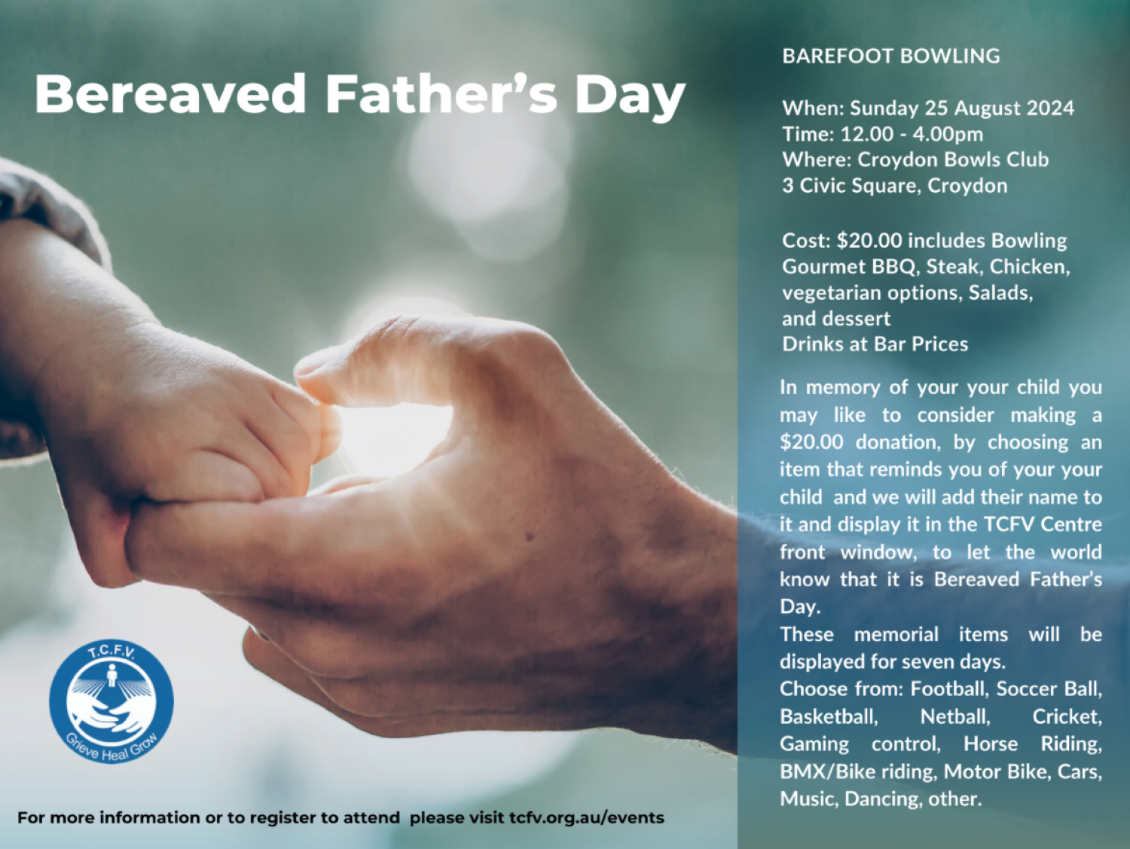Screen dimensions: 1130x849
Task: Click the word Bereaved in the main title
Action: pyautogui.click(x=170, y=94)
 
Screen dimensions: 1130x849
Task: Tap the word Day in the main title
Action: pyautogui.click(x=631, y=98)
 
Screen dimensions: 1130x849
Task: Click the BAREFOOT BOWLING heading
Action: pyautogui.click(x=891, y=56)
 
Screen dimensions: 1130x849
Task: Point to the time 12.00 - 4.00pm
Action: pyautogui.click(x=912, y=134)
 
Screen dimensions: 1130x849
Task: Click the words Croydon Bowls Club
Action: pyautogui.click(x=953, y=160)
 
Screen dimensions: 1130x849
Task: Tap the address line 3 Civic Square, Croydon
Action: pyautogui.click(x=895, y=186)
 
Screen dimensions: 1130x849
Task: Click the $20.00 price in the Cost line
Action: pyautogui.click(x=869, y=240)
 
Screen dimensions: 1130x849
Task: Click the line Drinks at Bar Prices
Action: pyautogui.click(x=875, y=344)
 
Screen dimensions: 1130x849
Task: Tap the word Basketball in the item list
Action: pyautogui.click(x=829, y=716)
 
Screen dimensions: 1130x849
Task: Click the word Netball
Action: pyautogui.click(x=955, y=716)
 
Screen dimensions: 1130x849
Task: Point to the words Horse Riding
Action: pyautogui.click(x=1033, y=744)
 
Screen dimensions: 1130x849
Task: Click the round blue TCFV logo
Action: pyautogui.click(x=111, y=702)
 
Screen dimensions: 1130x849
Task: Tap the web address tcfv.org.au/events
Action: pyautogui.click(x=587, y=817)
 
